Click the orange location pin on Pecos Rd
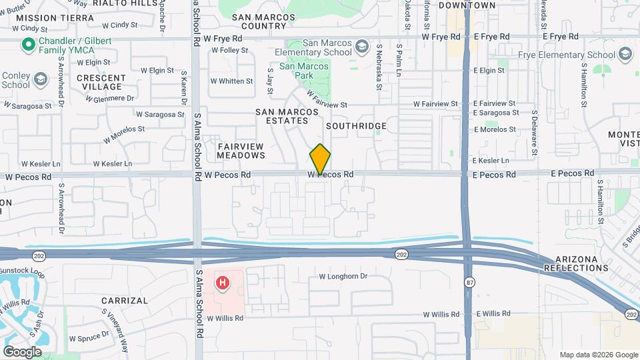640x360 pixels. click(320, 159)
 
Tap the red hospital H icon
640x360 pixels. click(223, 283)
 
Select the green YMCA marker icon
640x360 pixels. click(28, 45)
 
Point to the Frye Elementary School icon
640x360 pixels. click(625, 54)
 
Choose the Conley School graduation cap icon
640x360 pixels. click(41, 79)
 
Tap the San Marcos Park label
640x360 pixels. click(304, 71)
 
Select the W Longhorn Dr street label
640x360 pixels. click(343, 276)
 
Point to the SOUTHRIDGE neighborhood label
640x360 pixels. click(356, 126)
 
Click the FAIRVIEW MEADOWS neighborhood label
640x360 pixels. click(241, 151)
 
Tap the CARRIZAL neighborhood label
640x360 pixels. click(125, 301)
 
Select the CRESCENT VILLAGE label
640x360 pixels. click(99, 82)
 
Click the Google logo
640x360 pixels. click(22, 351)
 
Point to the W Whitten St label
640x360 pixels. click(231, 81)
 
